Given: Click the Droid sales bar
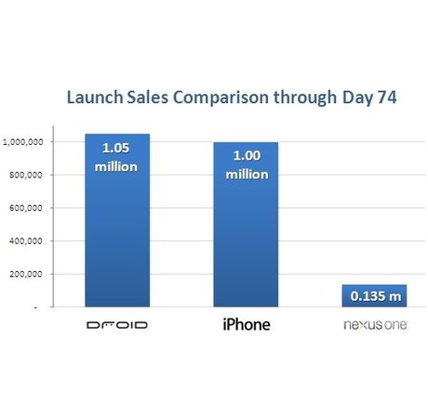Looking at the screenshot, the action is (x=117, y=220).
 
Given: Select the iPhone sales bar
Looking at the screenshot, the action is (x=246, y=225).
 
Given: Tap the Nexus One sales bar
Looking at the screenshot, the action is (x=374, y=296).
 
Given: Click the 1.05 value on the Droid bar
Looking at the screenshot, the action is (x=116, y=148).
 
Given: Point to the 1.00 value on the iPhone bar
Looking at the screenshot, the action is (x=247, y=155).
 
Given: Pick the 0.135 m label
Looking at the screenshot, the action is (x=376, y=296).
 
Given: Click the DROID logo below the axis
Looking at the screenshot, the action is (x=117, y=325).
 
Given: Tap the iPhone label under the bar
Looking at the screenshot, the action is (x=247, y=324).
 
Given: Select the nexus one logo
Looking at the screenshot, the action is (x=375, y=325).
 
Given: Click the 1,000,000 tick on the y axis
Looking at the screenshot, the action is (x=22, y=142).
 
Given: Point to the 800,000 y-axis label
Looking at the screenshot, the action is (x=25, y=175).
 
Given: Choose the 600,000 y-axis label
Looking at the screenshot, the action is (x=25, y=208).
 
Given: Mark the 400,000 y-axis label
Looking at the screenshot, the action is (x=25, y=241).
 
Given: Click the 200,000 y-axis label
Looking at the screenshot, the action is (x=25, y=274).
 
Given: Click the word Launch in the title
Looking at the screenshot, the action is (x=95, y=97).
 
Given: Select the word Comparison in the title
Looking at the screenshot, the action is (x=221, y=97).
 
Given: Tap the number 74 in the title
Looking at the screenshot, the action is (x=387, y=97).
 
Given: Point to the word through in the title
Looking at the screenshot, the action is (x=305, y=97).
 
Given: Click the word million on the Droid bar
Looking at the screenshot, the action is (x=116, y=167).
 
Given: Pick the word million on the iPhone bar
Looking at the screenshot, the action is (x=247, y=175).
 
